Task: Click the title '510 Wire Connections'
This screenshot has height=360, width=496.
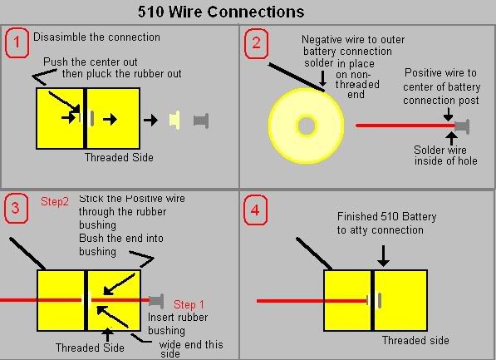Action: click(221, 12)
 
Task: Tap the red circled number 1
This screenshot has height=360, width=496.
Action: click(17, 42)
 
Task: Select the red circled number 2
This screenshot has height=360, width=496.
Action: click(256, 43)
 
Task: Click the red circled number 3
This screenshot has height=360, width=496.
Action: click(16, 209)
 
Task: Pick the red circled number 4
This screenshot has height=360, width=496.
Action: click(255, 210)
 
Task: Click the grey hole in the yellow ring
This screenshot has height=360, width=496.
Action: click(307, 126)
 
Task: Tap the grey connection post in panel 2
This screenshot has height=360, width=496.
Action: click(462, 126)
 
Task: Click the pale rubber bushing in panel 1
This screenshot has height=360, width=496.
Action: click(174, 120)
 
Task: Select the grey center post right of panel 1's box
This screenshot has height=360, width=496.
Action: click(201, 121)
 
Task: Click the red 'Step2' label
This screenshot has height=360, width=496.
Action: click(54, 202)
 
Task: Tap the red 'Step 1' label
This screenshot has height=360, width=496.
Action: click(189, 304)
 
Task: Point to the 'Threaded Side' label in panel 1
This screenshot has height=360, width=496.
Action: click(119, 157)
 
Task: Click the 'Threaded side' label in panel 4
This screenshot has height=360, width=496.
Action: click(415, 340)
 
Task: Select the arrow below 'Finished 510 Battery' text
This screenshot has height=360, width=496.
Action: click(383, 256)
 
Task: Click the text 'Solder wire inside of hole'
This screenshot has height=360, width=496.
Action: click(445, 155)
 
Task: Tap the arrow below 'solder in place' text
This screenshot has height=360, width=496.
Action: click(322, 78)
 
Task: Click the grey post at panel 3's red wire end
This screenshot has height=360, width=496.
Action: click(156, 301)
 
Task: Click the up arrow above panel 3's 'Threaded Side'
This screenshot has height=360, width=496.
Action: click(107, 335)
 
